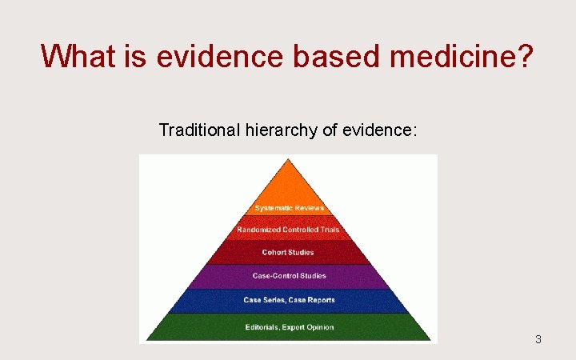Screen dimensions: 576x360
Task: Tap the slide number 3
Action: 538,339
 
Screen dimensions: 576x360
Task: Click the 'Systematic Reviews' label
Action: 289,209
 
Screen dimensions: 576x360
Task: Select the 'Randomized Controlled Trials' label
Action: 288,230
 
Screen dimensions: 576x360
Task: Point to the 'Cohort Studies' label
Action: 288,253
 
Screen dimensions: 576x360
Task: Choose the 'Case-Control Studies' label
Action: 288,276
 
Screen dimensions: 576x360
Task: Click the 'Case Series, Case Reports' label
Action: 289,300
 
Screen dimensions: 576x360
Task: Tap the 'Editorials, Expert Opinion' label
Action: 289,327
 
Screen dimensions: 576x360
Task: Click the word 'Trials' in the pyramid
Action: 328,230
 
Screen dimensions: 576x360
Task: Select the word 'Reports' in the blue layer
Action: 319,300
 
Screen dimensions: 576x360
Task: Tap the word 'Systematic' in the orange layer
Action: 272,209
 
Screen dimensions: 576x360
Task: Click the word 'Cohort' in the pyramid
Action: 274,253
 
